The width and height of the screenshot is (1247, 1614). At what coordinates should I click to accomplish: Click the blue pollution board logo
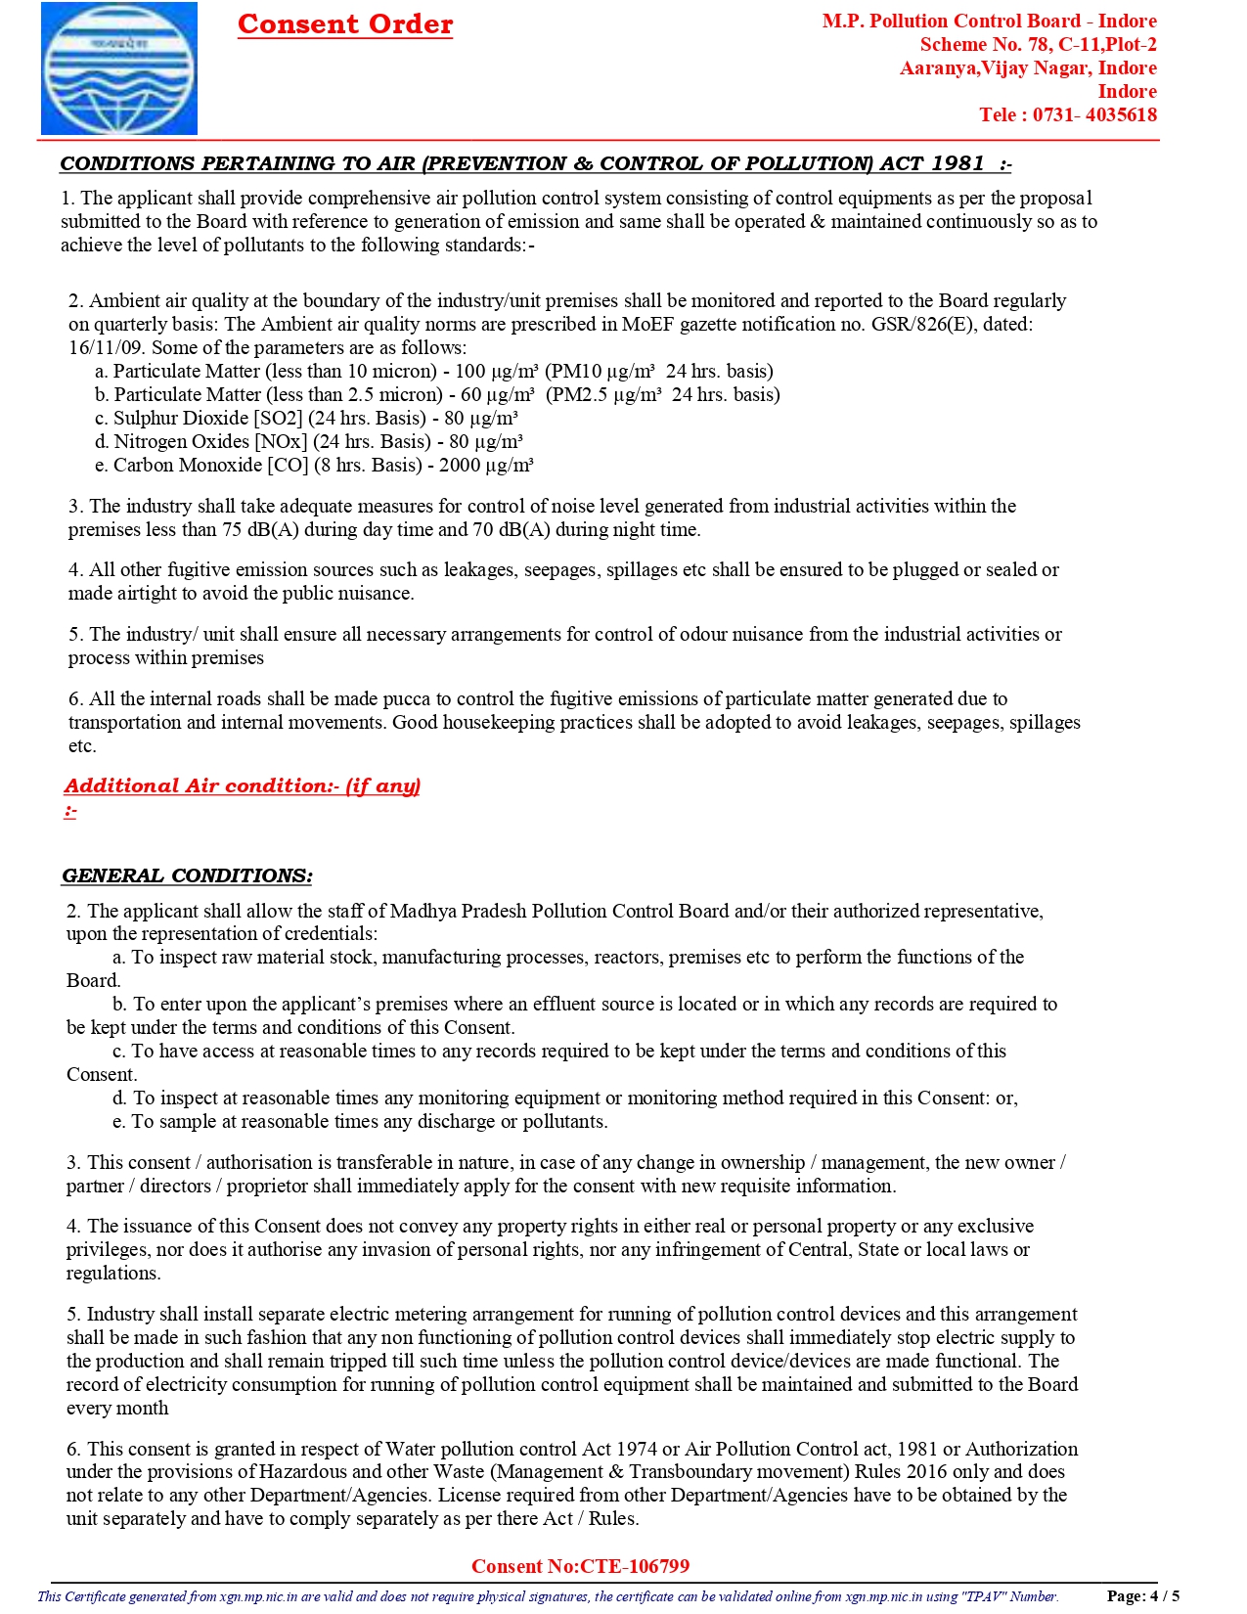click(118, 68)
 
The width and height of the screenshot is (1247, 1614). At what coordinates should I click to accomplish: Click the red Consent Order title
click(345, 24)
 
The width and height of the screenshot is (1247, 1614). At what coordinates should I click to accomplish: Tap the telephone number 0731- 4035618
click(1094, 114)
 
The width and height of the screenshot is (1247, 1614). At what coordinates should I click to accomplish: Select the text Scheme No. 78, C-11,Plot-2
click(1038, 44)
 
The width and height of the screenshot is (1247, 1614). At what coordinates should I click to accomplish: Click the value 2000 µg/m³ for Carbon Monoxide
click(486, 465)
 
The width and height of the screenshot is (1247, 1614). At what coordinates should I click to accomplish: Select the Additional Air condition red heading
click(242, 785)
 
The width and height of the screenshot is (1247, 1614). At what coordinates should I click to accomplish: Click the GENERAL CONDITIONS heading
click(187, 875)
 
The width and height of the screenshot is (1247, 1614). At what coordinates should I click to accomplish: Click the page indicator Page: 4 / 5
click(1142, 1595)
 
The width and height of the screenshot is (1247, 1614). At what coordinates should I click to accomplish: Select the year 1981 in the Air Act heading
click(957, 163)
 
